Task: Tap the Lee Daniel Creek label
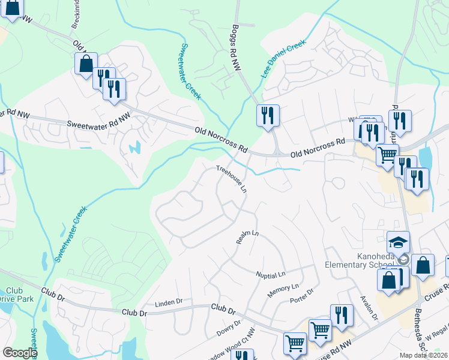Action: pyautogui.click(x=283, y=59)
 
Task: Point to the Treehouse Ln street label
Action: pyautogui.click(x=232, y=179)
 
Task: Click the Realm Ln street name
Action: pyautogui.click(x=247, y=238)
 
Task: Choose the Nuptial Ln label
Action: pyautogui.click(x=270, y=274)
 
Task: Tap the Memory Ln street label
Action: pyautogui.click(x=279, y=289)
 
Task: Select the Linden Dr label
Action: pyautogui.click(x=168, y=302)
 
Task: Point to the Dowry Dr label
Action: pyautogui.click(x=229, y=328)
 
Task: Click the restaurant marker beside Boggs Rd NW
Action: pyautogui.click(x=268, y=115)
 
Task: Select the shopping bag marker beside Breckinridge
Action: pyautogui.click(x=86, y=63)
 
